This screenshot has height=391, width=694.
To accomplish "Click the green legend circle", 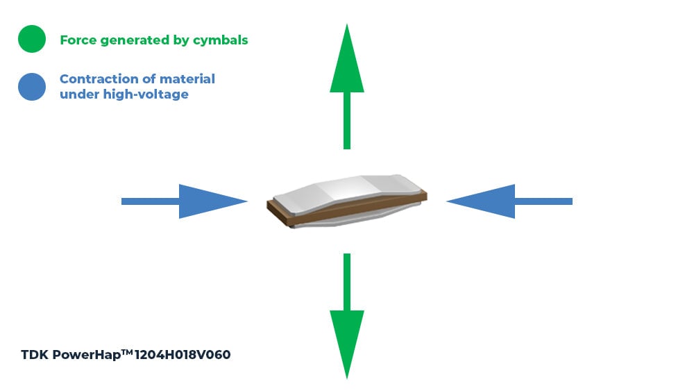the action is point(32,39).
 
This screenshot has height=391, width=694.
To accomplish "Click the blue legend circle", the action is point(32,86).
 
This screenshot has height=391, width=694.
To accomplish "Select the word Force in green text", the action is point(78,40).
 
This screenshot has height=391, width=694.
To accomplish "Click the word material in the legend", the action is point(187,78).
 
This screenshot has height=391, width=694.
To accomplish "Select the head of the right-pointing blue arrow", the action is point(212,201).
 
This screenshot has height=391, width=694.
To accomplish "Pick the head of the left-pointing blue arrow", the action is point(481,201).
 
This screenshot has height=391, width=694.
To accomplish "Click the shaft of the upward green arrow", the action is point(347,121).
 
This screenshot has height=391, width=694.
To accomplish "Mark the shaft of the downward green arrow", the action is point(347,282).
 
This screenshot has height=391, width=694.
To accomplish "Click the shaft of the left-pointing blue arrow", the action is point(544,201).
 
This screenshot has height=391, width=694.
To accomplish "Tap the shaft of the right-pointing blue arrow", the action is point(151,201).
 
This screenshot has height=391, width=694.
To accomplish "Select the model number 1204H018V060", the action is point(183,355).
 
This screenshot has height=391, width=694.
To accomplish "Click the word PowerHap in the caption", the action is point(86,355).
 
